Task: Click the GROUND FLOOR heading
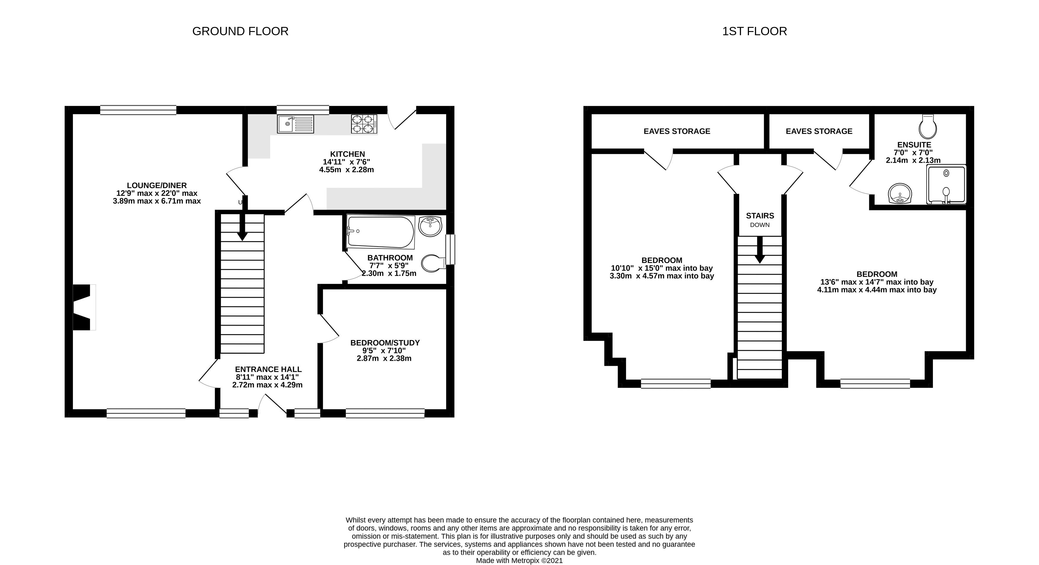point(240,31)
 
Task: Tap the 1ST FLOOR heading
point(754,31)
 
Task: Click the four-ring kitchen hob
point(364,124)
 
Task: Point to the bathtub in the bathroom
point(381,232)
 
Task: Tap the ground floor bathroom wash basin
point(430,226)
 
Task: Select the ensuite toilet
point(927,127)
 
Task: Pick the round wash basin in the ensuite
point(899,194)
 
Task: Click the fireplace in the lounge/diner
point(84,308)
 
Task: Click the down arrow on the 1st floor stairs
point(760,249)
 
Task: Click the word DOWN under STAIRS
point(760,225)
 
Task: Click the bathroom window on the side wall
point(450,250)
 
